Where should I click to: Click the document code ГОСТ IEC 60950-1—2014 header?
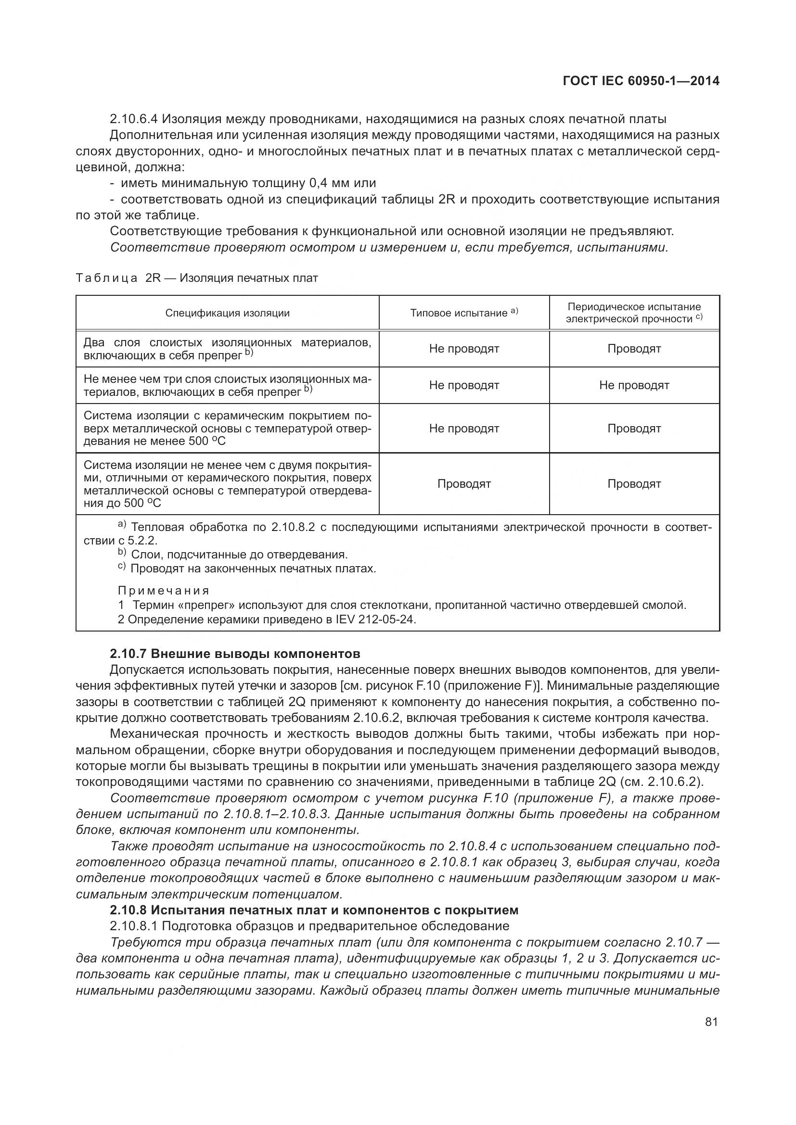641,81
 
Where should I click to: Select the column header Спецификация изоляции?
227,313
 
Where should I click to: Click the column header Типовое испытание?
463,313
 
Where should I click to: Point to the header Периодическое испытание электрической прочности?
634,313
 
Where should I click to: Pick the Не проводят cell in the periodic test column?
634,385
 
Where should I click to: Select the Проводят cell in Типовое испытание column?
463,483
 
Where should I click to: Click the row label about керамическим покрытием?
227,428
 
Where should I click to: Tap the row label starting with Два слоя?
227,349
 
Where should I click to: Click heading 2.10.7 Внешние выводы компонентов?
235,654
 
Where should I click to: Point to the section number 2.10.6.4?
133,119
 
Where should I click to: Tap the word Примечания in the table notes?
164,591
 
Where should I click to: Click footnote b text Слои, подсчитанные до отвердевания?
239,555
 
